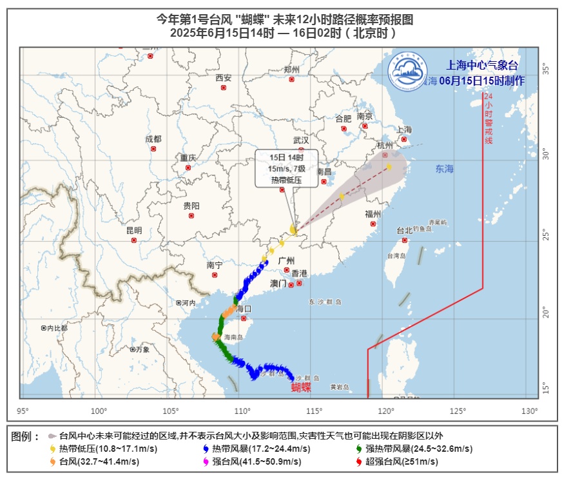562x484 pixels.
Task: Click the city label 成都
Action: click(153, 139)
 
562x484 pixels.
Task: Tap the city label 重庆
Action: click(188, 157)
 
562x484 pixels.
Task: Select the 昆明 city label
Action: click(134, 230)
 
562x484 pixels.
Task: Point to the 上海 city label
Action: click(404, 129)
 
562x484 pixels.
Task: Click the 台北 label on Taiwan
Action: click(404, 230)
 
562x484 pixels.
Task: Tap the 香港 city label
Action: click(300, 273)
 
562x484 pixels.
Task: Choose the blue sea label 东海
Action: click(444, 169)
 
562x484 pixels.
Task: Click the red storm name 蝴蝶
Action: click(301, 387)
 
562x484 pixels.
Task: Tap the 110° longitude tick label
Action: click(242, 411)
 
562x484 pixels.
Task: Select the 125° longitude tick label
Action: click(458, 411)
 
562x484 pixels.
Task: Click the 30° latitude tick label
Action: click(545, 155)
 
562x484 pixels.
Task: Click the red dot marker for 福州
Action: click(373, 224)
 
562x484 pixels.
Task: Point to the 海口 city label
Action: click(244, 309)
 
